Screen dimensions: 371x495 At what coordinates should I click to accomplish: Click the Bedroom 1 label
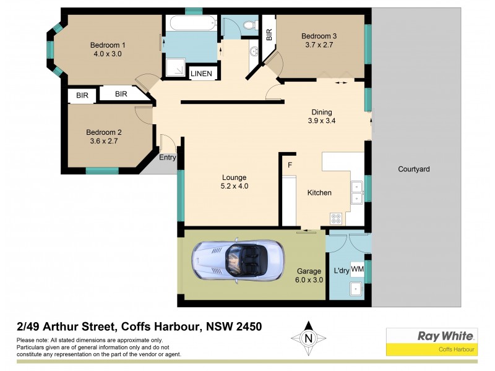(x=108, y=45)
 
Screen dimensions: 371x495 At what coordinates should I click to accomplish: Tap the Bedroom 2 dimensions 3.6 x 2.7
(x=102, y=141)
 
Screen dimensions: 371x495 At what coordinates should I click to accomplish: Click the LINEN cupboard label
(x=201, y=74)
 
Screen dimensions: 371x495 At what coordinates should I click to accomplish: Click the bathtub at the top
(x=189, y=25)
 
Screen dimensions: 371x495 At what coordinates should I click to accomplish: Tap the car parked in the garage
(x=238, y=259)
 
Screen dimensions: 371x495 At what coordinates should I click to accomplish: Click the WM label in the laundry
(x=357, y=269)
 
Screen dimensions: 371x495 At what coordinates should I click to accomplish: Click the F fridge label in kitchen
(x=289, y=165)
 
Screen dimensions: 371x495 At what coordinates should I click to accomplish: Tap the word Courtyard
(x=413, y=169)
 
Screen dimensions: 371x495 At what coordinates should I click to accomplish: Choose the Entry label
(x=168, y=158)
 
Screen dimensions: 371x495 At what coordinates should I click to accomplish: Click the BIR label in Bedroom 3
(x=269, y=35)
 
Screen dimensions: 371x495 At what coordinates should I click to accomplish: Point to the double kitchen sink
(x=357, y=192)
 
